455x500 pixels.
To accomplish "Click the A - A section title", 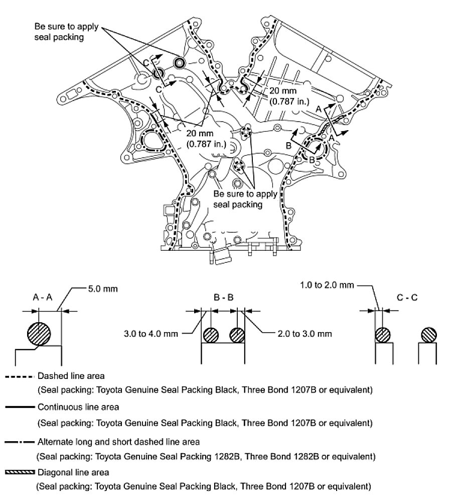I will pyautogui.click(x=43, y=297).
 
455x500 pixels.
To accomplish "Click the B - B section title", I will pyautogui.click(x=223, y=297).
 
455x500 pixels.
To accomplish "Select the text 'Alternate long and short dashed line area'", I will pyautogui.click(x=118, y=442).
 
